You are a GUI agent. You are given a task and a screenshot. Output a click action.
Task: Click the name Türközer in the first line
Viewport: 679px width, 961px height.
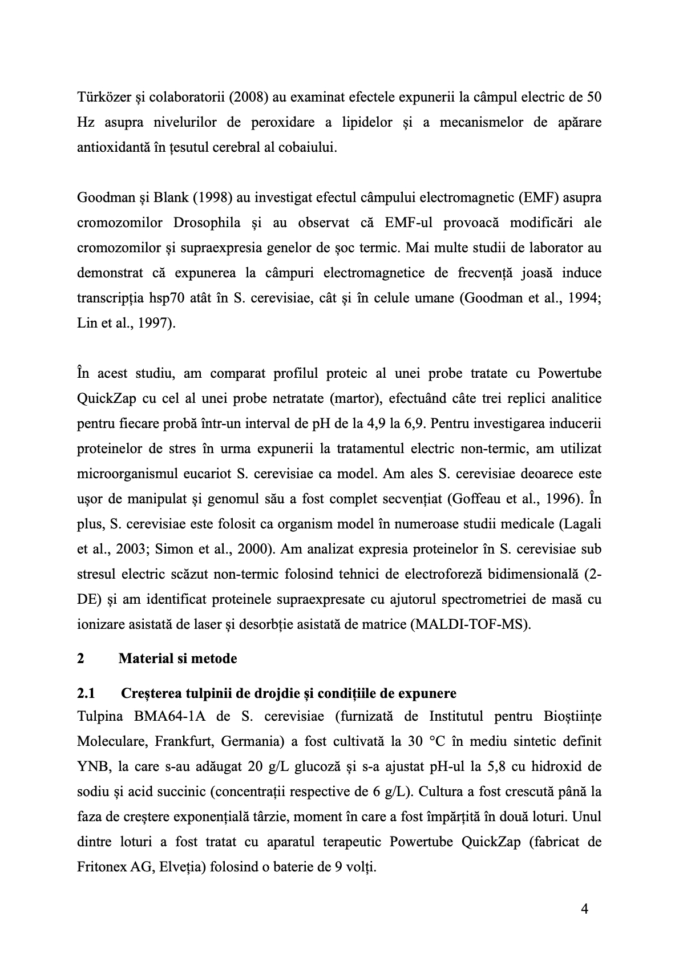coord(99,98)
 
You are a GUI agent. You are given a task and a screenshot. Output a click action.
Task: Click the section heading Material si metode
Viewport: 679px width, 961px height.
coord(177,659)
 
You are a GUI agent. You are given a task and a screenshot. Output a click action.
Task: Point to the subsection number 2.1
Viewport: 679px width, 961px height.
coord(86,693)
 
